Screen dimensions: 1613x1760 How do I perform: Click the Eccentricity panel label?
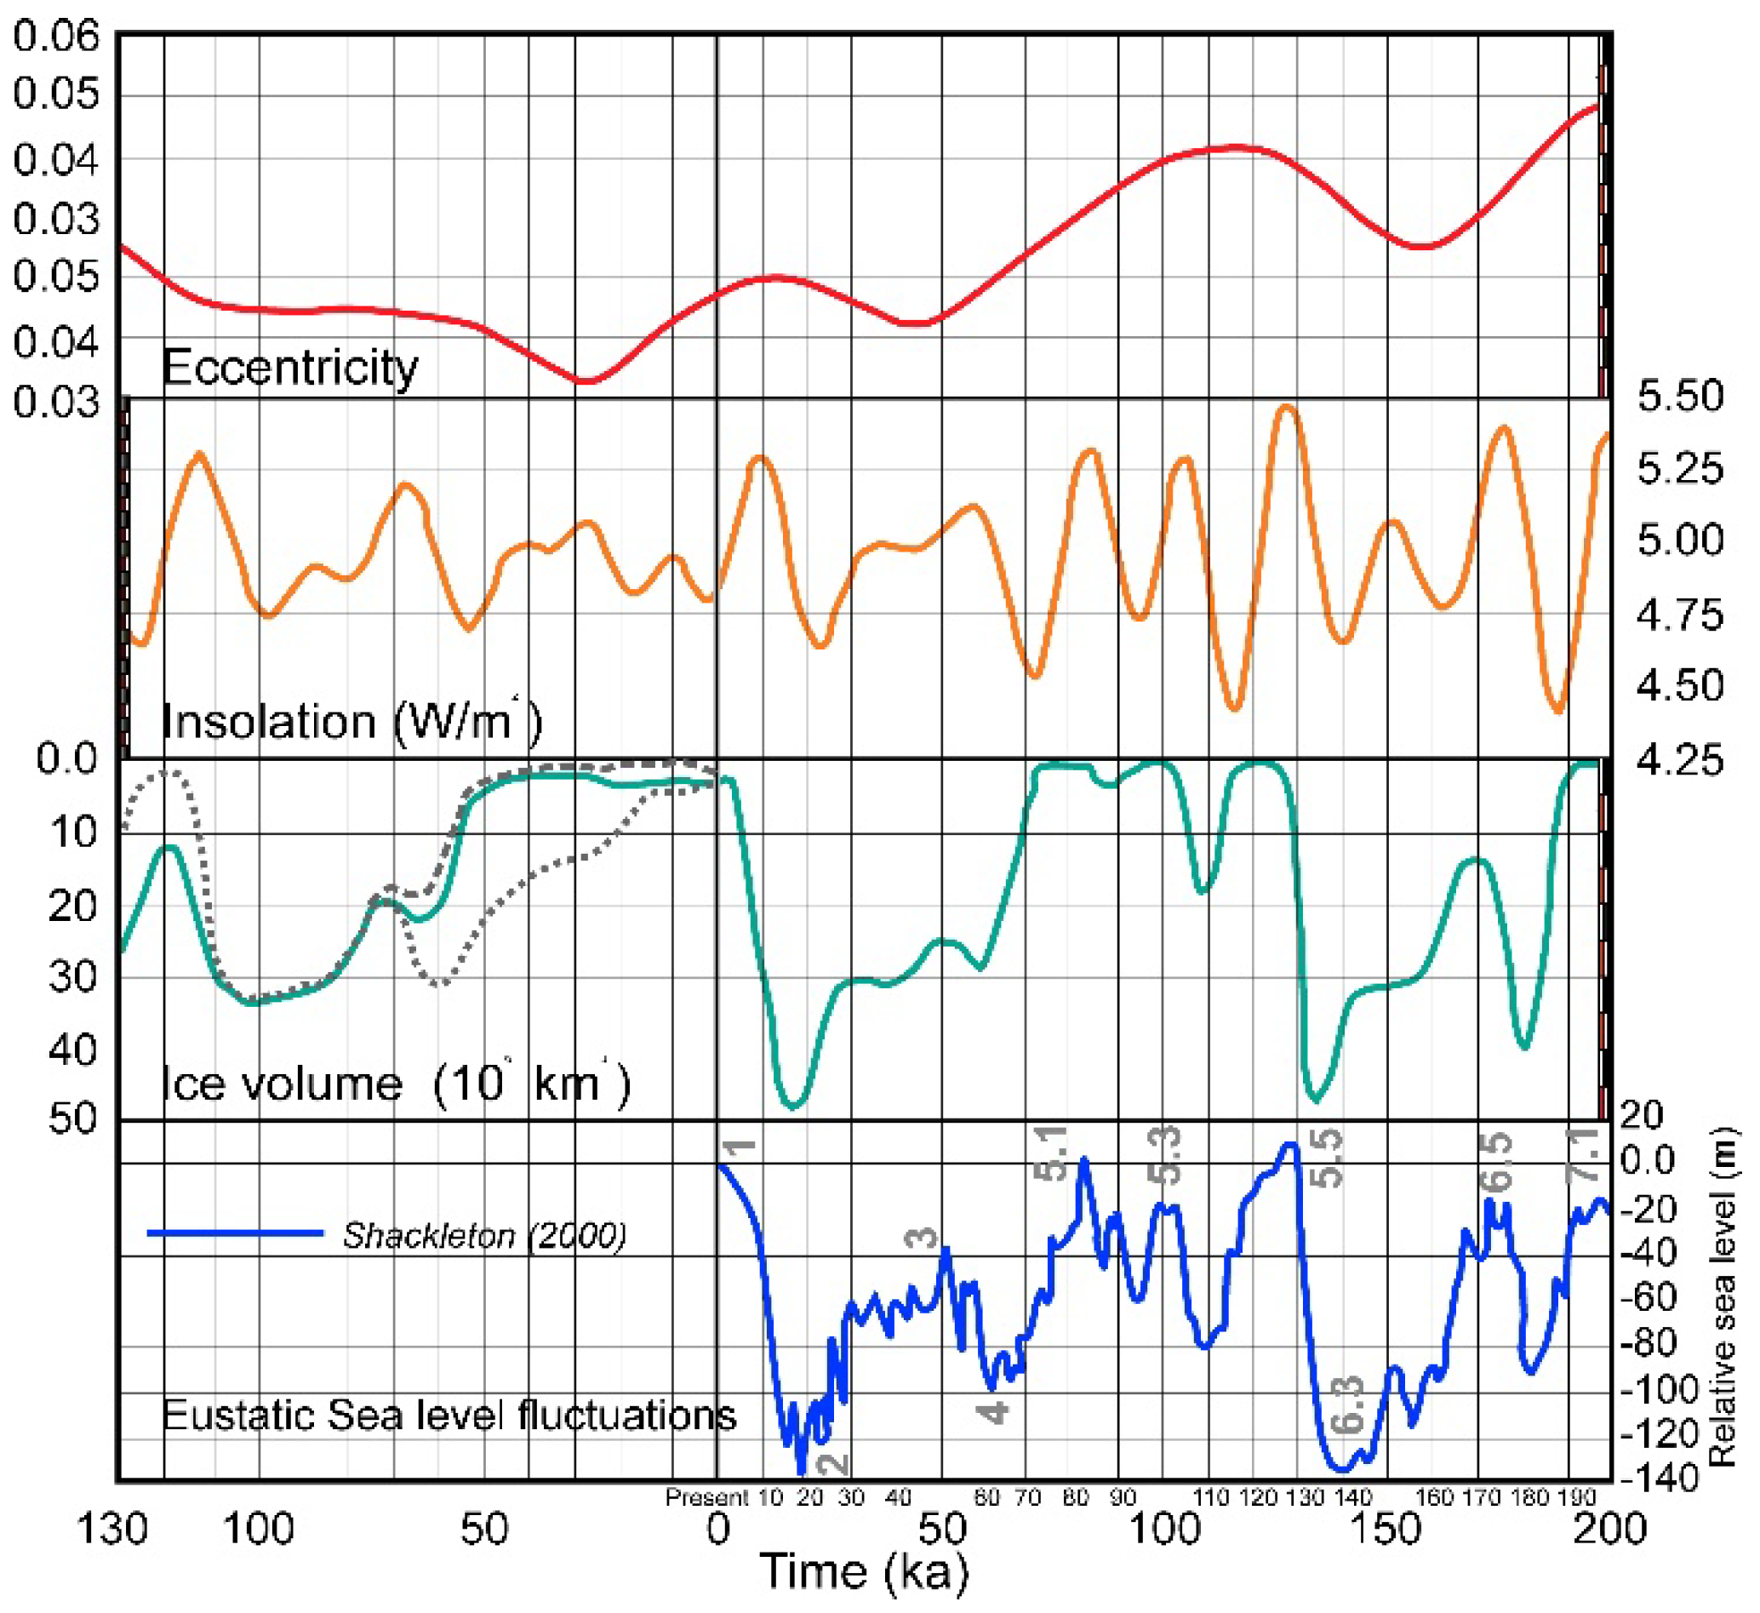pyautogui.click(x=290, y=368)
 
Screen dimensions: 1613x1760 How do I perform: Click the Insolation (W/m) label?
pyautogui.click(x=351, y=722)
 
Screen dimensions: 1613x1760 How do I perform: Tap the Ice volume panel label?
pyautogui.click(x=396, y=1084)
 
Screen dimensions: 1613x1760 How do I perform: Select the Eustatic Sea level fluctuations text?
pyautogui.click(x=449, y=1415)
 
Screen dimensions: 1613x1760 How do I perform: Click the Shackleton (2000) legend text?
pyautogui.click(x=483, y=1236)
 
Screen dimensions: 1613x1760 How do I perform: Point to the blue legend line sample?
pyautogui.click(x=235, y=1233)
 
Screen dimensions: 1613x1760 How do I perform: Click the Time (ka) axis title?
pyautogui.click(x=865, y=1572)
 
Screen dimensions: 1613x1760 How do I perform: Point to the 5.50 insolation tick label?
pyautogui.click(x=1680, y=397)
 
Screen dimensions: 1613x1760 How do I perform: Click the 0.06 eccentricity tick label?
pyautogui.click(x=56, y=37)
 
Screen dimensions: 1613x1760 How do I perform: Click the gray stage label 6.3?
pyautogui.click(x=1349, y=1405)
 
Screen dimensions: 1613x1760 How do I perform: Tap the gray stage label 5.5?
pyautogui.click(x=1327, y=1158)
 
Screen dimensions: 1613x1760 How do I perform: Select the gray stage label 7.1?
pyautogui.click(x=1582, y=1155)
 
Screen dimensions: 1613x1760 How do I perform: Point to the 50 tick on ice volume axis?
pyautogui.click(x=72, y=1118)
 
